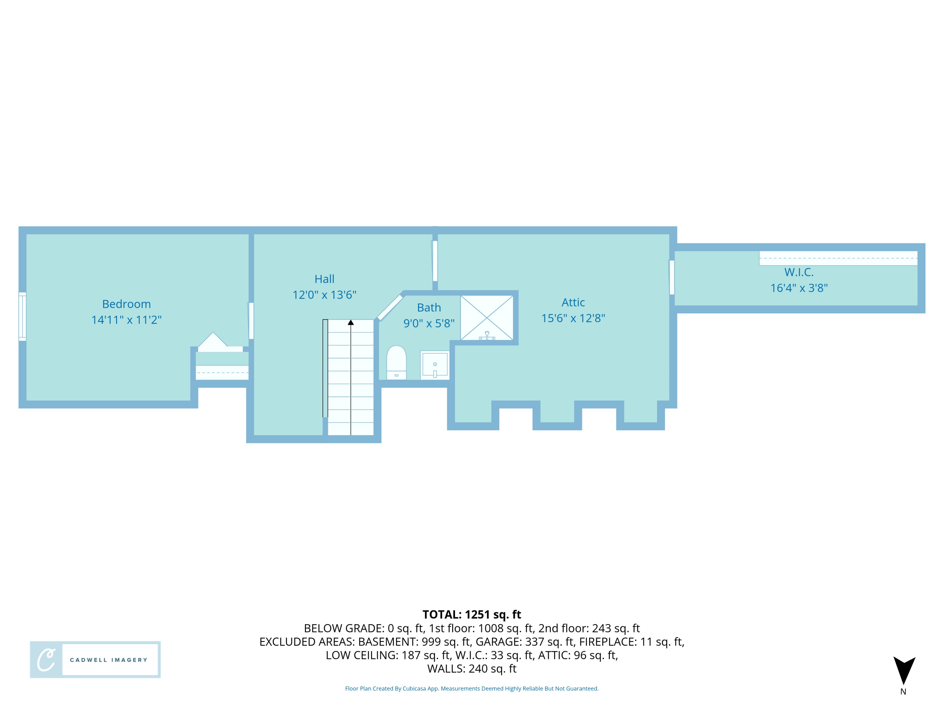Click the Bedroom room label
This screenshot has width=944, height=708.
[x=126, y=304]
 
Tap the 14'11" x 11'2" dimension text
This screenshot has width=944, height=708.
[x=126, y=320]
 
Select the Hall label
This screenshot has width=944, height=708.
[x=324, y=279]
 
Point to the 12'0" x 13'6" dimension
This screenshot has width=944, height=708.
[x=324, y=295]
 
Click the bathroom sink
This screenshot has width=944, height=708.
[x=435, y=365]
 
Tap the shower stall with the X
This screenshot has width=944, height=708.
[x=486, y=318]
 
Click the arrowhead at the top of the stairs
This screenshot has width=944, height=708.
[x=351, y=322]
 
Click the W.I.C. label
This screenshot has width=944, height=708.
[x=799, y=272]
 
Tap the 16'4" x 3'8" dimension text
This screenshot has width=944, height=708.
[x=799, y=288]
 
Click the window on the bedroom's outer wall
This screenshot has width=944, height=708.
[x=22, y=316]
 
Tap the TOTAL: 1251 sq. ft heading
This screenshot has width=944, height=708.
[x=472, y=614]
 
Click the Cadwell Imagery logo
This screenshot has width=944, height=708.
[x=95, y=659]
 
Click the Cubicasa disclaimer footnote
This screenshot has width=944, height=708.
[x=472, y=688]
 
